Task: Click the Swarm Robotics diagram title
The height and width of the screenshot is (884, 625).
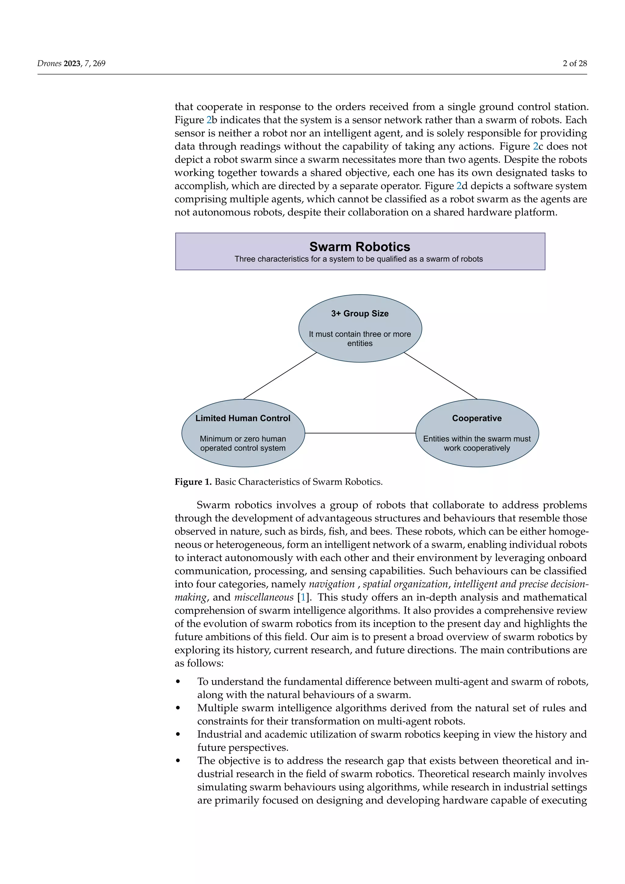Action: pyautogui.click(x=359, y=246)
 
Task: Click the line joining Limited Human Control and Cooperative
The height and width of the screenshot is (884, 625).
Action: pyautogui.click(x=360, y=433)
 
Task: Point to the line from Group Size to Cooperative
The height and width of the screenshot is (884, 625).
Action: pyautogui.click(x=441, y=376)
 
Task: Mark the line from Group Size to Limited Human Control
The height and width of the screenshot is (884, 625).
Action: pyautogui.click(x=280, y=376)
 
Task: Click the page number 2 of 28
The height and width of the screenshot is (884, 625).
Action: pyautogui.click(x=575, y=63)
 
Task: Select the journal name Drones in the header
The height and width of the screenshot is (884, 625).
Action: pyautogui.click(x=49, y=63)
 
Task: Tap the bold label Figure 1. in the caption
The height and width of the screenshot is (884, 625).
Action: pyautogui.click(x=193, y=482)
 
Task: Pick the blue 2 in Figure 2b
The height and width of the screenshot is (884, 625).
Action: pyautogui.click(x=209, y=120)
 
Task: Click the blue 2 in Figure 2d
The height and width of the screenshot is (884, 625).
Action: pyautogui.click(x=459, y=186)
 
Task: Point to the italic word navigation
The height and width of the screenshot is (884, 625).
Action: pyautogui.click(x=331, y=584)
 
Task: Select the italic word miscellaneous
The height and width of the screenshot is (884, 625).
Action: pyautogui.click(x=264, y=597)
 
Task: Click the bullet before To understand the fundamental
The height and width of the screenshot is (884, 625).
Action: pyautogui.click(x=178, y=682)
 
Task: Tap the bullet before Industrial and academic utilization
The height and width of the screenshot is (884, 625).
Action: pyautogui.click(x=178, y=735)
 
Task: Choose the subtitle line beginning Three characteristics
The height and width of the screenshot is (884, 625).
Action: pyautogui.click(x=359, y=259)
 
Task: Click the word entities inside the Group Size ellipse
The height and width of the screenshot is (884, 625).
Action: pyautogui.click(x=360, y=343)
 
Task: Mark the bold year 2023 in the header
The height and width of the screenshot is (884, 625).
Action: pyautogui.click(x=72, y=63)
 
